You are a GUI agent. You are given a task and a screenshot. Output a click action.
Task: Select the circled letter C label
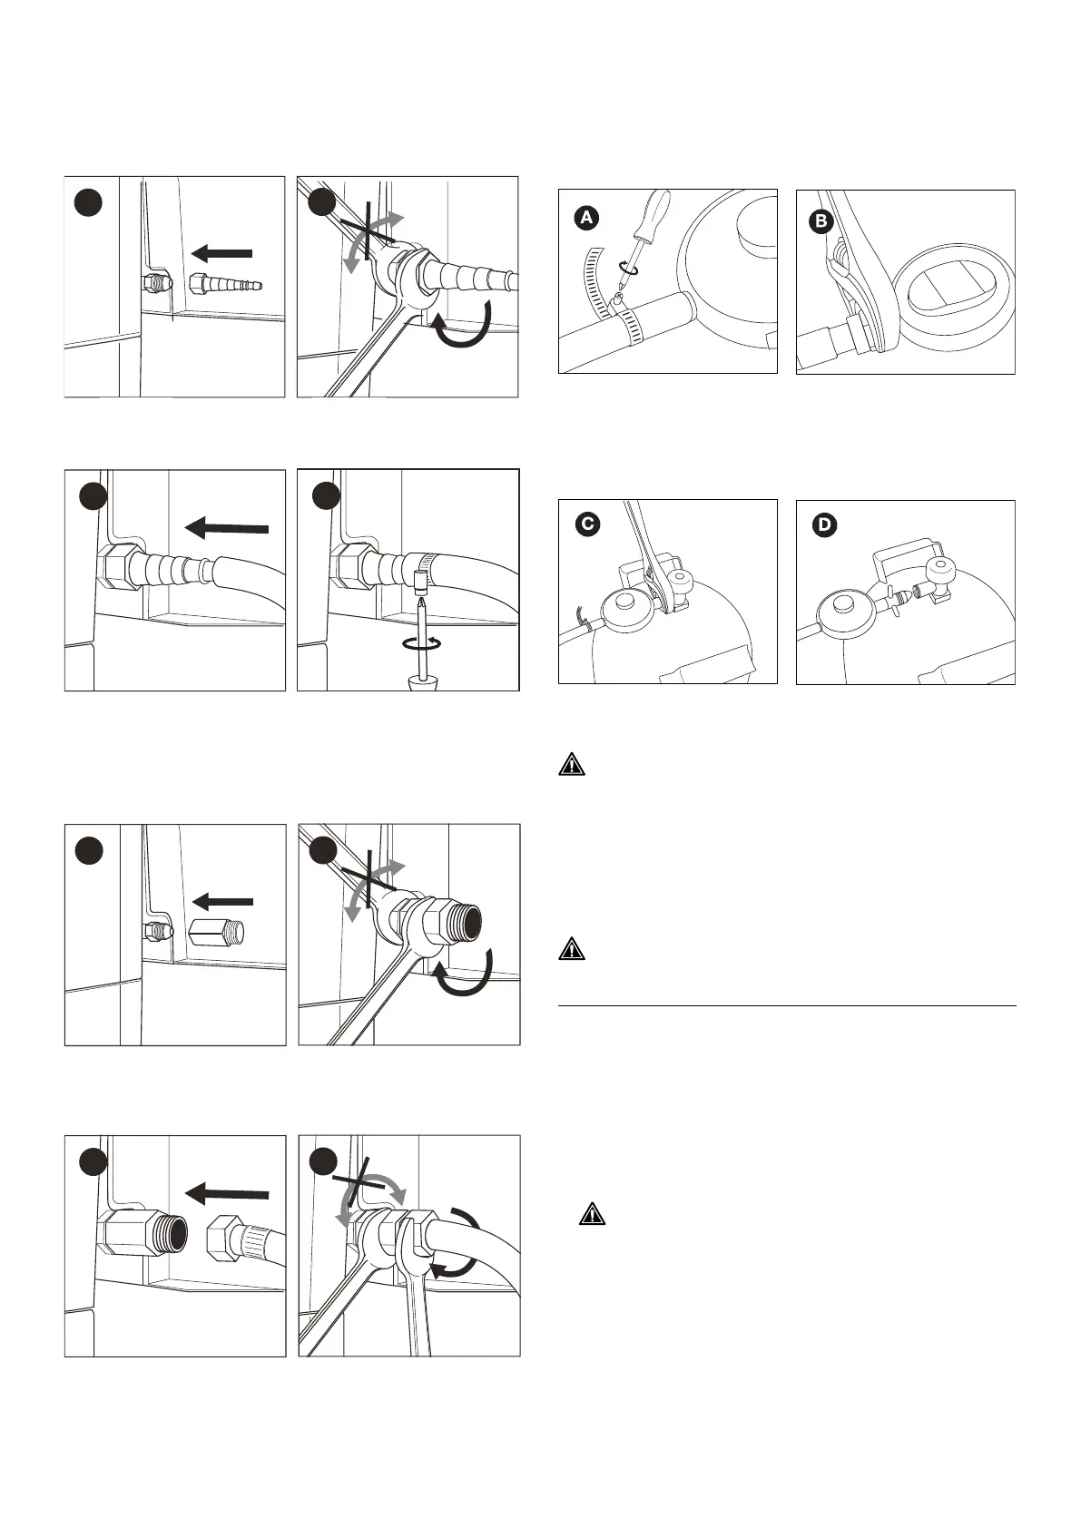tap(588, 524)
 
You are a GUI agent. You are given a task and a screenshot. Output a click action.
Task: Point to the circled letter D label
tap(826, 524)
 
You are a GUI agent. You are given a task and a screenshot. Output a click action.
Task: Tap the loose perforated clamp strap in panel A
tap(595, 272)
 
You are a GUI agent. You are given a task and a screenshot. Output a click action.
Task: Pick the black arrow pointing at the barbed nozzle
tap(221, 252)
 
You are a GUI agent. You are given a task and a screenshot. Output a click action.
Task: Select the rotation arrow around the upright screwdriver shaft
tap(423, 642)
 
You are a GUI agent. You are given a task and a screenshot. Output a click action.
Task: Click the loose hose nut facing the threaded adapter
tap(231, 1237)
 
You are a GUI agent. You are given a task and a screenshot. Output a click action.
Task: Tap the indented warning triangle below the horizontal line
tap(592, 1214)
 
